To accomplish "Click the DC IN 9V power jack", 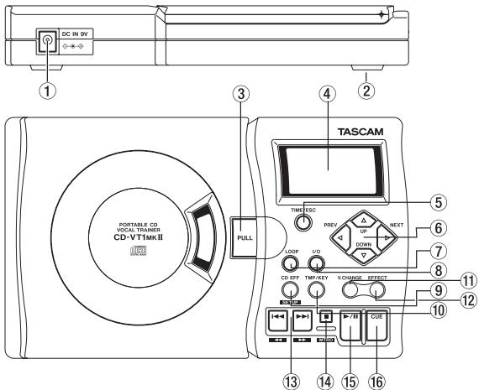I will (x=48, y=39).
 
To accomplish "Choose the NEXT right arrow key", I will (x=387, y=238).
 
